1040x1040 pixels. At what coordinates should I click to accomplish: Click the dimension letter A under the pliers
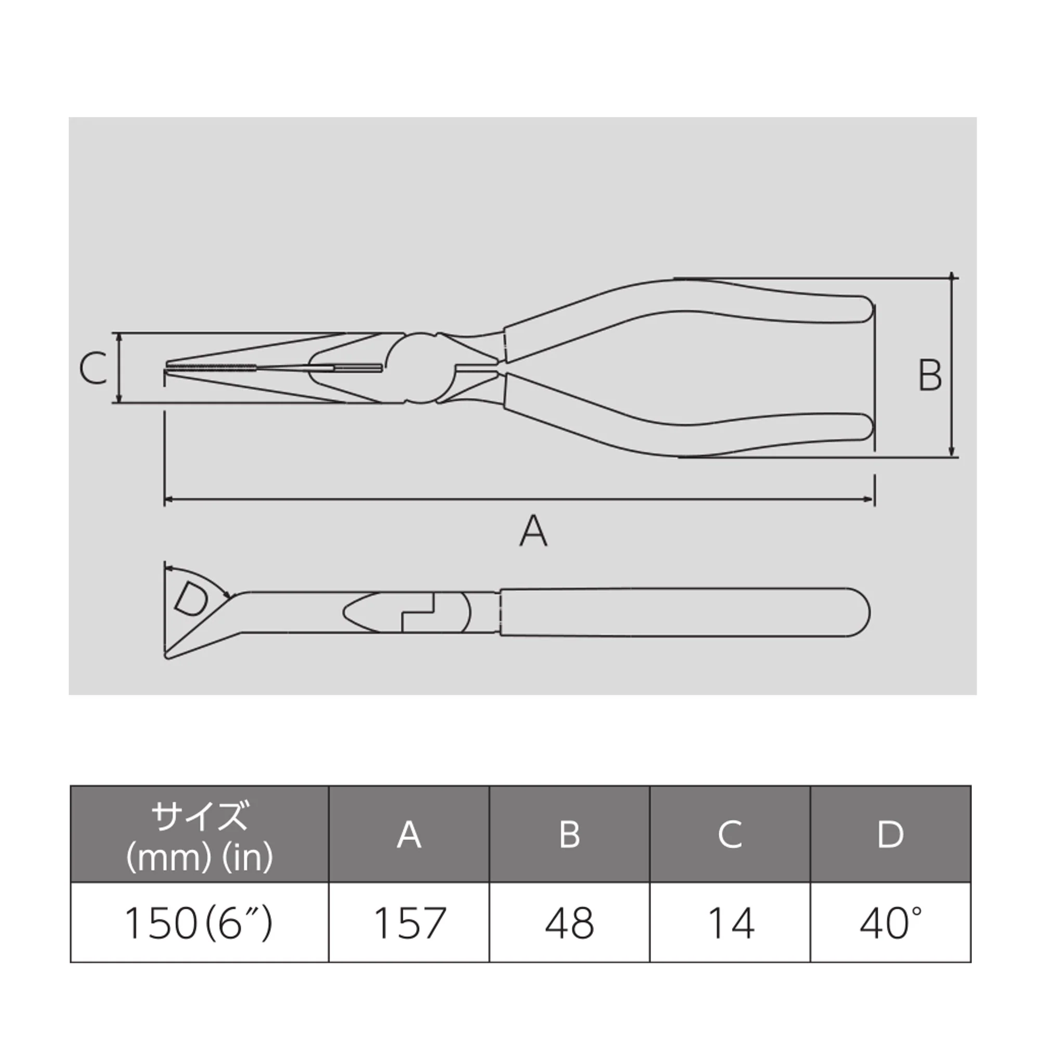tap(534, 531)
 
